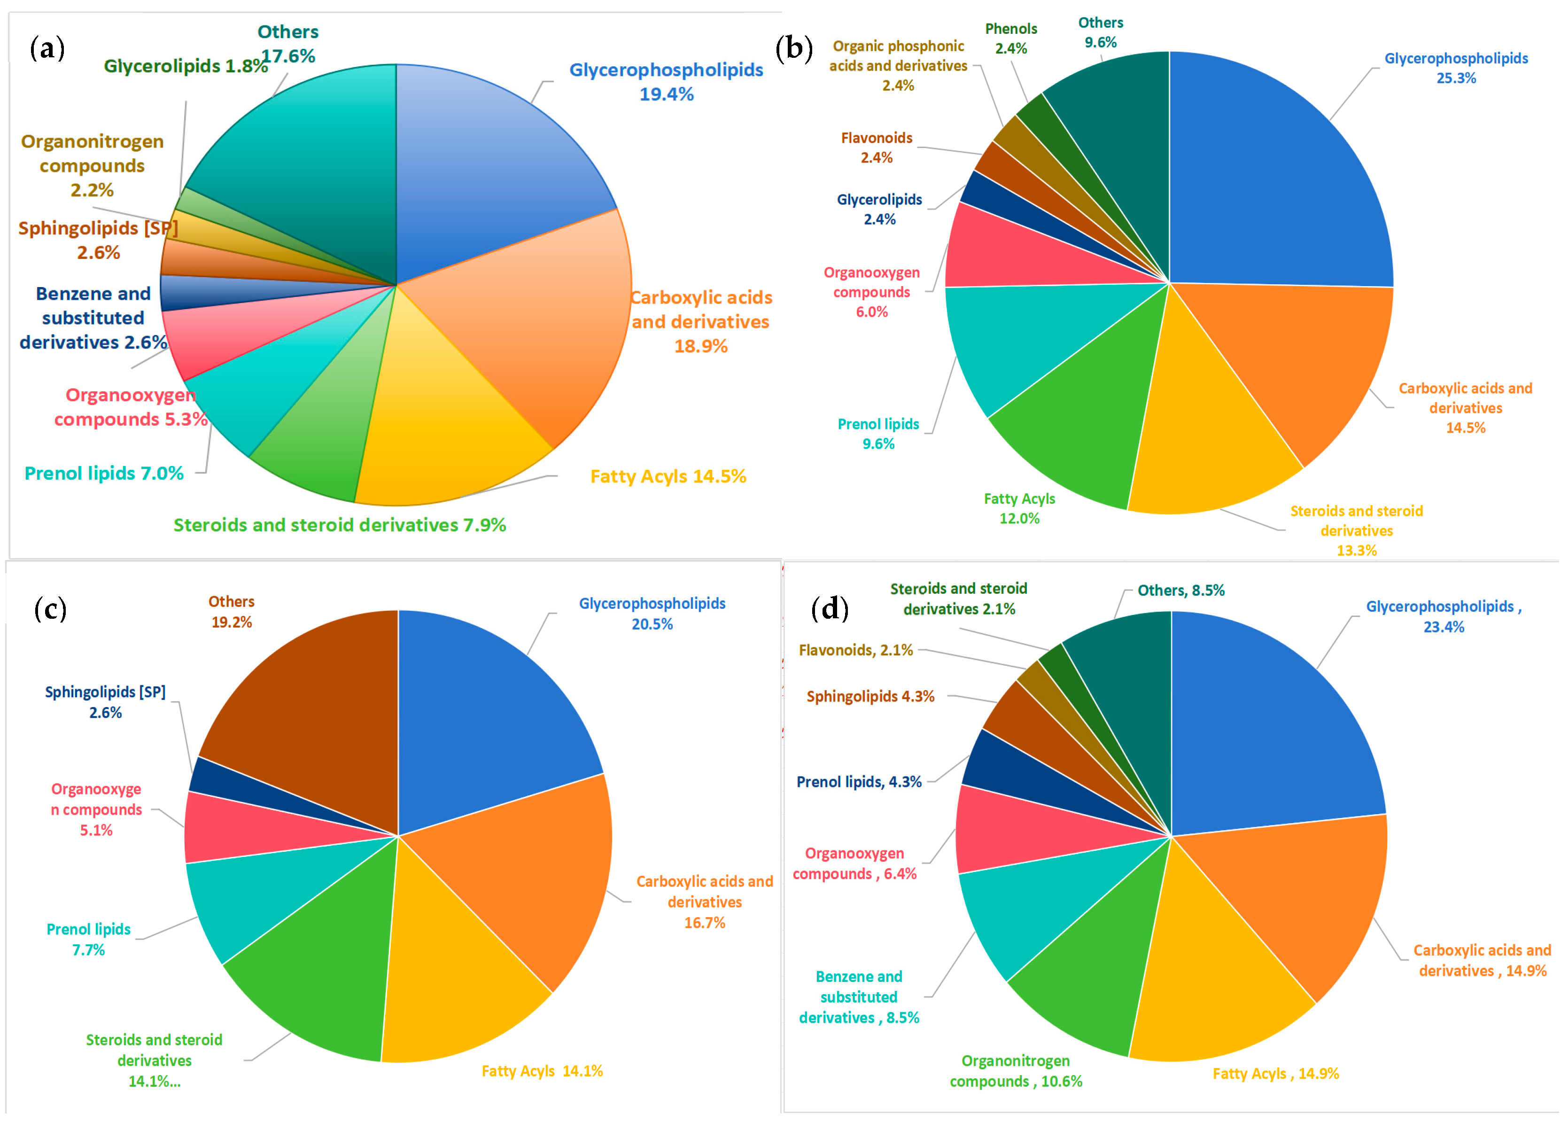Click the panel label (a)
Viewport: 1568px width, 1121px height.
[x=47, y=49]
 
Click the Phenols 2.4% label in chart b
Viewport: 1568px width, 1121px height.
[x=1010, y=39]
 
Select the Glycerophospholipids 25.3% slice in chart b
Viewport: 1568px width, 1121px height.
[x=1277, y=179]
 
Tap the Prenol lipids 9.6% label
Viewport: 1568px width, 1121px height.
[x=878, y=434]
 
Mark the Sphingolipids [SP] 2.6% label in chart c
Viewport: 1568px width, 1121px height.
[x=106, y=702]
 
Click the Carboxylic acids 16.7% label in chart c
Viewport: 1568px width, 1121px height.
[x=704, y=902]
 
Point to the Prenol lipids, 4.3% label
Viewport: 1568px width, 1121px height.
[x=859, y=782]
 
